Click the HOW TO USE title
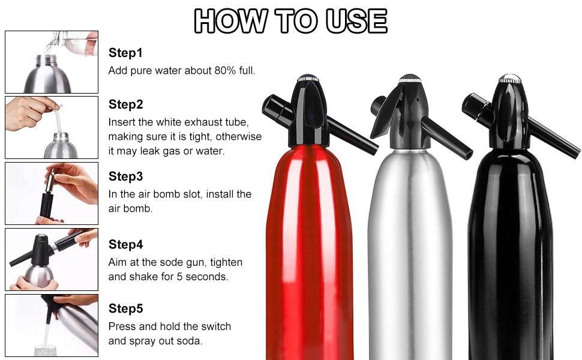(x=290, y=20)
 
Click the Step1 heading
(x=125, y=53)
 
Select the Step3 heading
(x=125, y=176)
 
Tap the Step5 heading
(x=125, y=308)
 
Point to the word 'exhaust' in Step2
(x=193, y=121)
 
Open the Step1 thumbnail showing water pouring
(x=52, y=62)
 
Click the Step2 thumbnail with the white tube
(x=52, y=127)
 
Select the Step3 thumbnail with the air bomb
(x=52, y=193)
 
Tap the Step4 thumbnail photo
(x=52, y=259)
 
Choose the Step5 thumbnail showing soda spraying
(x=52, y=324)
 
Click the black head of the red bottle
(x=310, y=111)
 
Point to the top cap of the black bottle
(x=509, y=79)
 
